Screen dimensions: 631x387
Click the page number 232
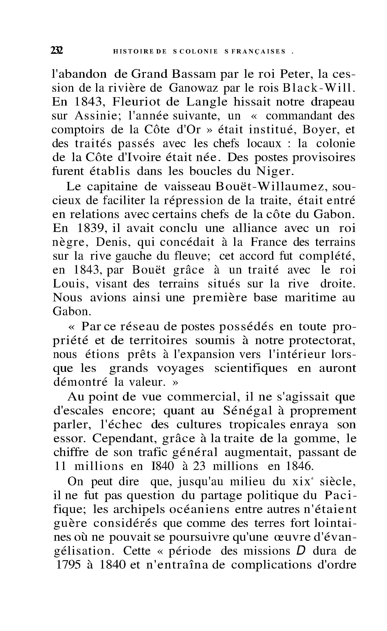57,51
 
